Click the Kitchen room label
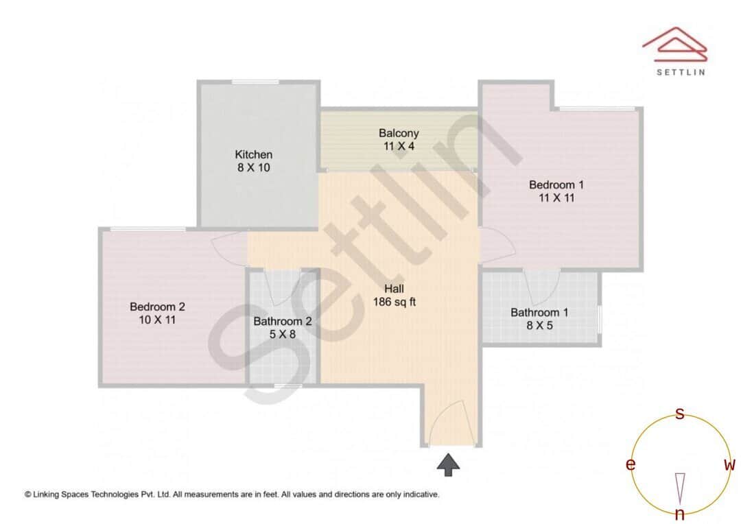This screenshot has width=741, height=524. coord(254,154)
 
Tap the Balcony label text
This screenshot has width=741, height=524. coord(399,133)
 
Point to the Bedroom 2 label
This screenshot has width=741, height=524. coord(157,307)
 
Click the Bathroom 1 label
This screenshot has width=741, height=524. coord(539,313)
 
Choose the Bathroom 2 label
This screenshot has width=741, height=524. coord(283,321)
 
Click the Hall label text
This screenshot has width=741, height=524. coord(395,288)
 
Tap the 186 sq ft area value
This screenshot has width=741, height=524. coord(395,301)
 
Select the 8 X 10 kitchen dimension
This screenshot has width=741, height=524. coord(254,167)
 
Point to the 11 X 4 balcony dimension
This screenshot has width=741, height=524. coord(399,145)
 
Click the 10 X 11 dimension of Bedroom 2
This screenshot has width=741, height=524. coord(157,319)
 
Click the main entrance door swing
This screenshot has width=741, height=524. coord(451,422)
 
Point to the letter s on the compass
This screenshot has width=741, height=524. coord(680,414)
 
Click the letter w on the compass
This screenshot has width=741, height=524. coord(729,465)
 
